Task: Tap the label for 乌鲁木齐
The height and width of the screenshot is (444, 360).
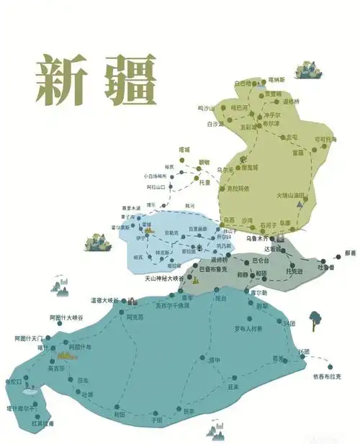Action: [257, 237]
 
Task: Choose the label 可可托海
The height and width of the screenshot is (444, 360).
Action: [325, 139]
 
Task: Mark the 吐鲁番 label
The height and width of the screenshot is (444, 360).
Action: [326, 268]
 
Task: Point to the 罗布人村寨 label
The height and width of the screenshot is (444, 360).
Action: [248, 328]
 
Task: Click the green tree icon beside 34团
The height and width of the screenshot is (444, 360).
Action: [315, 317]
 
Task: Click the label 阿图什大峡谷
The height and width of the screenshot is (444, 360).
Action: [66, 317]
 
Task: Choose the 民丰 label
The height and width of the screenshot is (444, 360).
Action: [189, 412]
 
